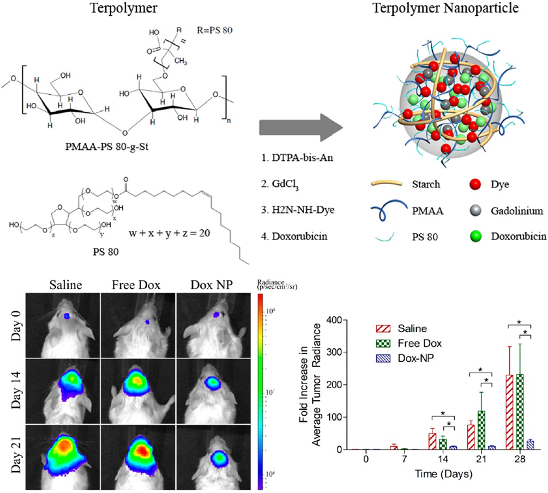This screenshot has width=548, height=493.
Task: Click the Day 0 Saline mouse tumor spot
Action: coord(67,315)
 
